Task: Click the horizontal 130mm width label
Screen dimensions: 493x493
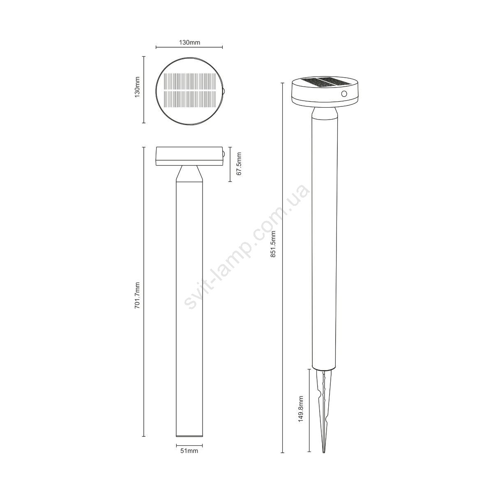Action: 189,42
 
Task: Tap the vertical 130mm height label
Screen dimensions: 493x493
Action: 137,87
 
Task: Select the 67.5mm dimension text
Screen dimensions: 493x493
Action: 239,164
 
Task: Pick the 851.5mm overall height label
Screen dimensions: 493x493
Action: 273,244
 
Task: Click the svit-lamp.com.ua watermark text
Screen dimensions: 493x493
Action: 247,247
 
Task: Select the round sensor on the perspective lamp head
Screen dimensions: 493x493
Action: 344,94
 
